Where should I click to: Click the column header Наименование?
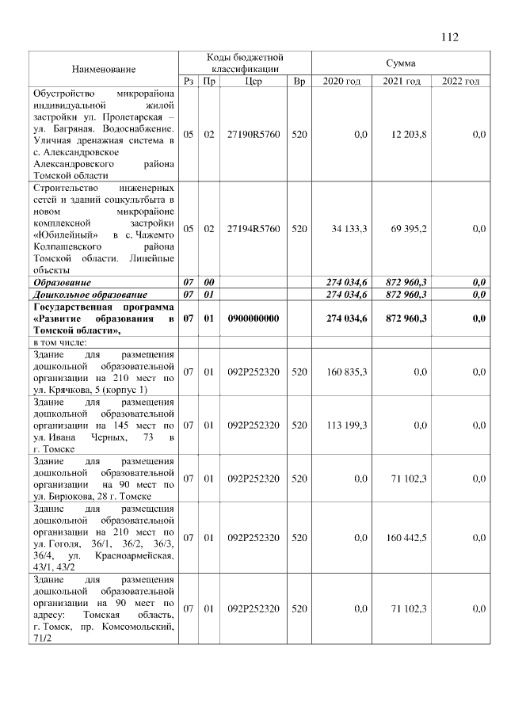(103, 70)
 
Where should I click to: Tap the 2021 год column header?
(401, 81)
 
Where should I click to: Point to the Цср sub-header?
(253, 81)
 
